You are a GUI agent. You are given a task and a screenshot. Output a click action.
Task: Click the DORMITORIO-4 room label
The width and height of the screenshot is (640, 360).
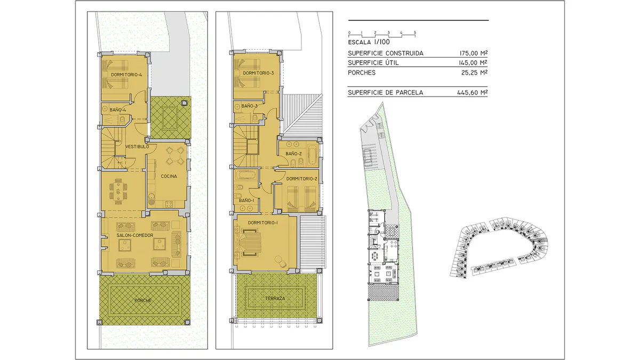[x=126, y=75]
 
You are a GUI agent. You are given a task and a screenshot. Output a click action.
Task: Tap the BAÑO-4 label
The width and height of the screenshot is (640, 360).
[x=118, y=110]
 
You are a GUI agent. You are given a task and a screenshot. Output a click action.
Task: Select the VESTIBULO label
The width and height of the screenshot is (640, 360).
[x=137, y=147]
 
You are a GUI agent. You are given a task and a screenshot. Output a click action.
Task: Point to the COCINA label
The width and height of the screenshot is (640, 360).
[x=169, y=177]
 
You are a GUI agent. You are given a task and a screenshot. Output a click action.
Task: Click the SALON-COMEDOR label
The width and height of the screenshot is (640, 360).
[x=135, y=235]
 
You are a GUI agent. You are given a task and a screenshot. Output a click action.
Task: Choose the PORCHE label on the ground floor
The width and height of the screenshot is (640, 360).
[x=143, y=301]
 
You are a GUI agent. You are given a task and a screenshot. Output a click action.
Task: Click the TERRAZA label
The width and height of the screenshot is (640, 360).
[x=275, y=298]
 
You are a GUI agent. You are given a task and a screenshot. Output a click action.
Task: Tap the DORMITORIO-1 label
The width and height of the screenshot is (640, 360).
[x=263, y=222]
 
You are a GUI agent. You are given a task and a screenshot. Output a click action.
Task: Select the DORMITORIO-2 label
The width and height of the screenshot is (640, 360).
[x=302, y=179]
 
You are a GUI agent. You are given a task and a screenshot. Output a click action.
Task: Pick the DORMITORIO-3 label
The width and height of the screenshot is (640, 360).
[x=258, y=73]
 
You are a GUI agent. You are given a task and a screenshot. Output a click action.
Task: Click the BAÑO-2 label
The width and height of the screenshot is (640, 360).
[x=294, y=154]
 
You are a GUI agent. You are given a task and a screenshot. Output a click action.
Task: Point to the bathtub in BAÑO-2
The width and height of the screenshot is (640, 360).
[x=313, y=155]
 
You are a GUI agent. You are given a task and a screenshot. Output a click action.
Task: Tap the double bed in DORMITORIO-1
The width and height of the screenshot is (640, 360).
[x=251, y=243]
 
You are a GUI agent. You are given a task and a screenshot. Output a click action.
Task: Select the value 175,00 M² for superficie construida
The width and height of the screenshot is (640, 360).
[x=473, y=53]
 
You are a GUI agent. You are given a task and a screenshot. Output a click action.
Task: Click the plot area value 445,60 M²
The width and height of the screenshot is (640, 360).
[x=472, y=92]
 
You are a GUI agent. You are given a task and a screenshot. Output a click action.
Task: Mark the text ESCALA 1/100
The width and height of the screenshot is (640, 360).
[x=369, y=42]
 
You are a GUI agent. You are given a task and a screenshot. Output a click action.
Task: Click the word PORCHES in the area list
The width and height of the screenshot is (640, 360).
[x=362, y=73]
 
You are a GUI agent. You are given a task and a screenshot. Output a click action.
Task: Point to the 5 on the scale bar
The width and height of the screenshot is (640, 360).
[x=415, y=33]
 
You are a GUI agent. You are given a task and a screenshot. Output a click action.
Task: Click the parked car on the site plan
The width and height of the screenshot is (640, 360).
[x=367, y=155]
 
